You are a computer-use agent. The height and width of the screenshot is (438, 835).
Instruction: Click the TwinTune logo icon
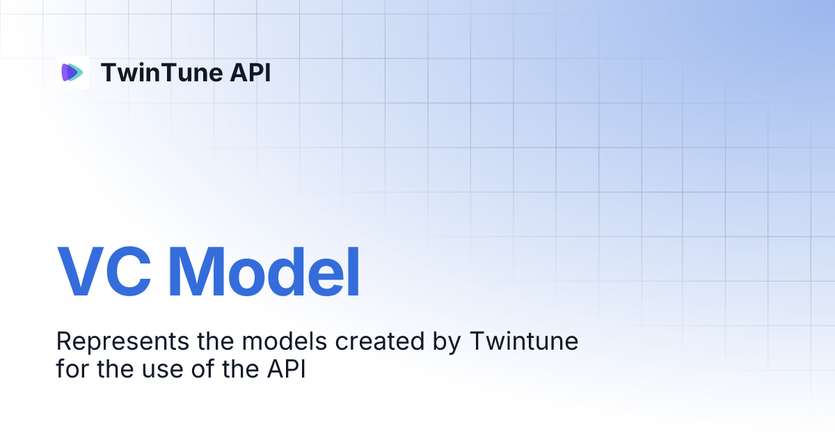click(72, 72)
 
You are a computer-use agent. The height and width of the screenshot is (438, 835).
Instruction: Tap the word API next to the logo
click(250, 72)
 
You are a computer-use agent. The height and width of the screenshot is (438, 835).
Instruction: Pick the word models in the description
click(273, 342)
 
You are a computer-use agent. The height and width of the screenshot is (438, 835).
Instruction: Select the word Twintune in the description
click(525, 342)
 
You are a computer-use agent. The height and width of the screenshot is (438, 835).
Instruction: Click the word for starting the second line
click(73, 368)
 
